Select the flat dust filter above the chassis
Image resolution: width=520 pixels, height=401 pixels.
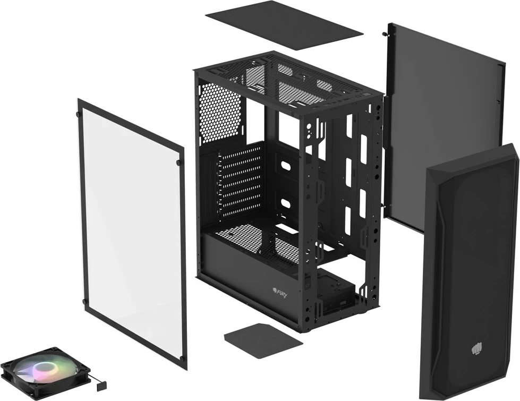pos(284,23)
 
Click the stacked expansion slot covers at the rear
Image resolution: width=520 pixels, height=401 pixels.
pos(240,181)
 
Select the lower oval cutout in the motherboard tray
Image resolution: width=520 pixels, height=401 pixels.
pos(286,204)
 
